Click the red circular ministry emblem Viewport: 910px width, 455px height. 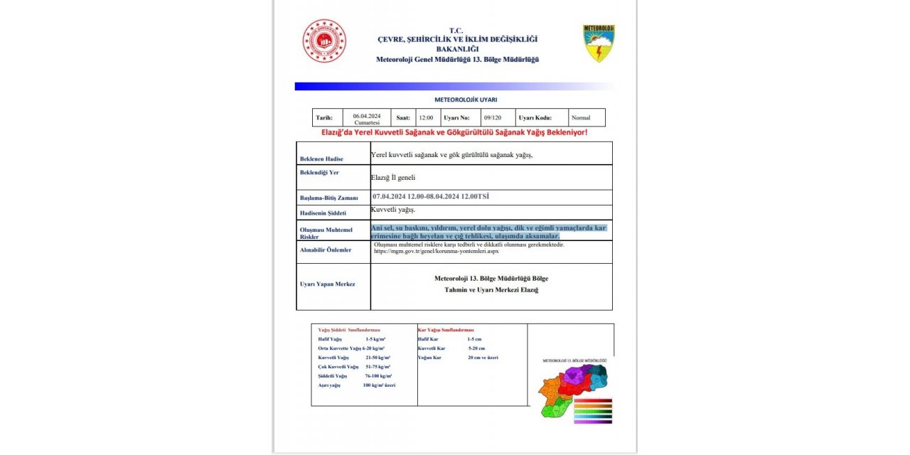point(324,41)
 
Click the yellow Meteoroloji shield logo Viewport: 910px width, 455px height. point(599,43)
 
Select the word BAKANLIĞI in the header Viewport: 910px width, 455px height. point(456,49)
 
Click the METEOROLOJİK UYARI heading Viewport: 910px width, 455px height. point(466,100)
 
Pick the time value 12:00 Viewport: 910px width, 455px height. point(425,118)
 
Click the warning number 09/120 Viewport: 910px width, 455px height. point(492,118)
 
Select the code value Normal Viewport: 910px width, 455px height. point(581,118)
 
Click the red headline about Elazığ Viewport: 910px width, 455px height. point(454,132)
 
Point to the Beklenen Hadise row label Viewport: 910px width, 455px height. point(321,159)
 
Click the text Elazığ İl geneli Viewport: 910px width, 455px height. point(393,177)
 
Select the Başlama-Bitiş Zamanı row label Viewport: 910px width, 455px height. point(329,198)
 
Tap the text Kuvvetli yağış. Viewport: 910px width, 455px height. point(393,210)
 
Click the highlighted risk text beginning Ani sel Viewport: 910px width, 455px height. point(488,231)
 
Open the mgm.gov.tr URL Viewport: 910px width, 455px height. point(437,251)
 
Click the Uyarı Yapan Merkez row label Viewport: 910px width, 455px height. point(328,284)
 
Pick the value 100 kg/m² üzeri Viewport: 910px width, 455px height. point(379,385)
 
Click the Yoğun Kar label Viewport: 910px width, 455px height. point(430,358)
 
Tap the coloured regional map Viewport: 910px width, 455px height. point(573,388)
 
